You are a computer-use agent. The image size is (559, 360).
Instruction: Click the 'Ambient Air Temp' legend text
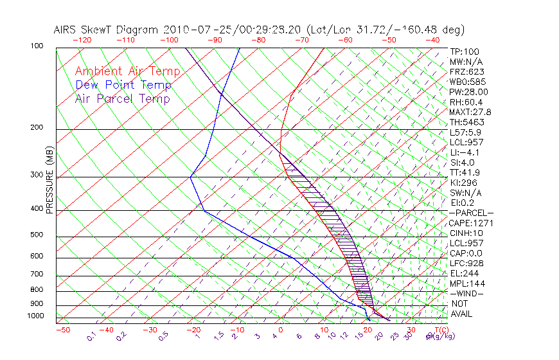127,71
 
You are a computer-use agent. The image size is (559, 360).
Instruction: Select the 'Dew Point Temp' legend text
123,85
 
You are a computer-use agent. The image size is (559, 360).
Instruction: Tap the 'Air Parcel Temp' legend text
122,98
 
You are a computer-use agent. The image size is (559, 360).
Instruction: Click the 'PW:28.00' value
468,92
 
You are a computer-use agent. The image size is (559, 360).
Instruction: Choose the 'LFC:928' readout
466,263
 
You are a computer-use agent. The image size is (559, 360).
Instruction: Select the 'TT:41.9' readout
465,172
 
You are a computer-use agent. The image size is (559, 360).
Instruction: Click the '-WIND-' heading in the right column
467,293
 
